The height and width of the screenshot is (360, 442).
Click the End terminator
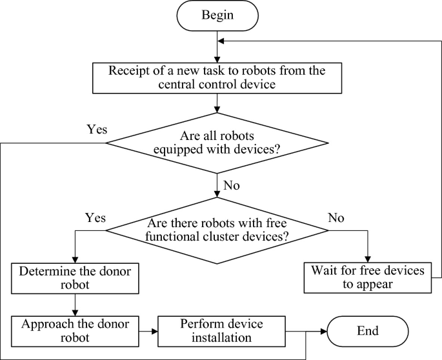tap(367, 331)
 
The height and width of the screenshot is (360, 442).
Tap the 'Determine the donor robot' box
tap(76, 277)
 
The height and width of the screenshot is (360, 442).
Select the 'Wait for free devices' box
tap(367, 277)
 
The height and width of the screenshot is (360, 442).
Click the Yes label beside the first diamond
tap(97, 128)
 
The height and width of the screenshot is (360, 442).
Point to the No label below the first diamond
tap(232, 186)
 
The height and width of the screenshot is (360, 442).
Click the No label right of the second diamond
tap(336, 217)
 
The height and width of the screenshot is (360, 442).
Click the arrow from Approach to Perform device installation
tap(148, 331)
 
